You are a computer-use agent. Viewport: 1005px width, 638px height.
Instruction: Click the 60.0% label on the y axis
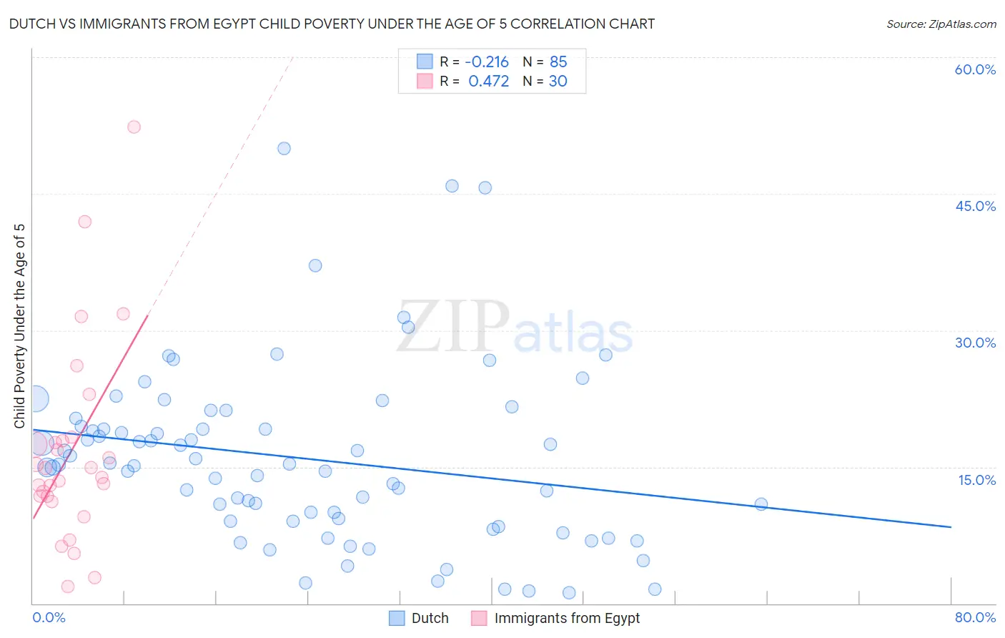(x=975, y=69)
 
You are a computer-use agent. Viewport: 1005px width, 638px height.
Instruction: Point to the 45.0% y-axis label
(x=975, y=206)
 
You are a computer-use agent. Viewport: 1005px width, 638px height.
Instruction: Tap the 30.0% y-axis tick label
(x=975, y=343)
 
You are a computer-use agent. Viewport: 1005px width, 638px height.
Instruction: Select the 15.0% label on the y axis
(x=976, y=480)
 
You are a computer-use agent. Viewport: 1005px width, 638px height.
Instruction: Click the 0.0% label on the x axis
(x=49, y=617)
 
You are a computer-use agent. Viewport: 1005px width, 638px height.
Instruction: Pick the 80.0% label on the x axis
(x=975, y=617)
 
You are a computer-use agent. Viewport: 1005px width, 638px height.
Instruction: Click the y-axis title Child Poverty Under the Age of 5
(x=19, y=326)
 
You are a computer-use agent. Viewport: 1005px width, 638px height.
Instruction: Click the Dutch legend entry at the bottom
(x=430, y=618)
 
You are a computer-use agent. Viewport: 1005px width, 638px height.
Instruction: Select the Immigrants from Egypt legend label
(x=566, y=618)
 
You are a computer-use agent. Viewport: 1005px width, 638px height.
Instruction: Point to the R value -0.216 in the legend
(x=487, y=62)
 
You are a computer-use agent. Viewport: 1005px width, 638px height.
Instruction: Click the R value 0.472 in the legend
(x=488, y=82)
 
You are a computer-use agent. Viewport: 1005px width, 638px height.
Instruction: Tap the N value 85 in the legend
(x=558, y=62)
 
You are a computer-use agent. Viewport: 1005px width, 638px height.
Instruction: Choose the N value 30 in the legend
(x=558, y=82)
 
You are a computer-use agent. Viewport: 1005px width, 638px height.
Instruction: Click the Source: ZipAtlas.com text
(x=941, y=24)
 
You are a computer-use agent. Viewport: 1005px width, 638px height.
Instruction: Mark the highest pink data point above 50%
(x=134, y=127)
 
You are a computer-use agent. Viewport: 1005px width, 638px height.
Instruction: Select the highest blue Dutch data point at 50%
(x=284, y=149)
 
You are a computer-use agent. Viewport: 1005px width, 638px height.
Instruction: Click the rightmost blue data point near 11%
(x=761, y=504)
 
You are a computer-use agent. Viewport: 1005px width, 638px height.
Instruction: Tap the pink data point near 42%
(x=85, y=222)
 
